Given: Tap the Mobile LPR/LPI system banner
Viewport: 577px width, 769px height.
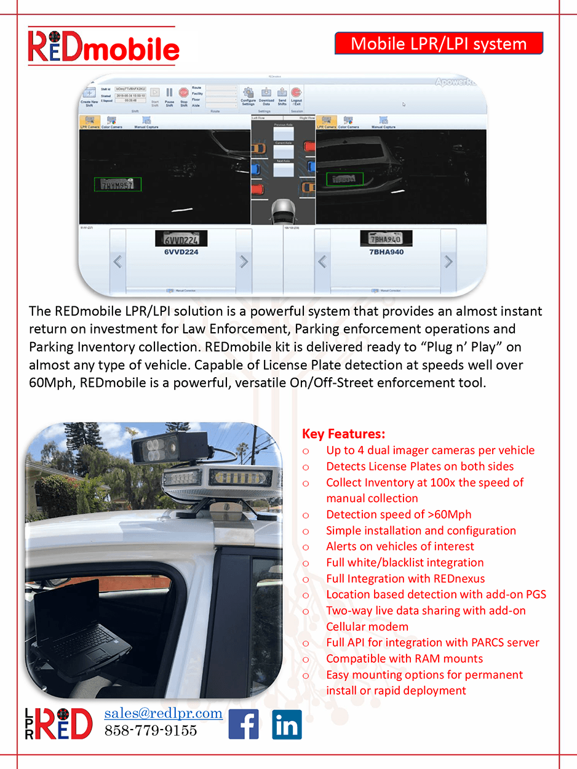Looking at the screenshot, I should click(439, 44).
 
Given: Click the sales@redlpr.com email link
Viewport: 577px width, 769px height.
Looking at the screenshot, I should click(163, 713).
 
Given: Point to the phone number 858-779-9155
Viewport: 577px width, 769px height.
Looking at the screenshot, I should click(151, 730).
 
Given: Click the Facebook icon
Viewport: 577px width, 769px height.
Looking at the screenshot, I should click(244, 724).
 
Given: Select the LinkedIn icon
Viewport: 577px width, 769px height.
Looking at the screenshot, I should click(287, 724).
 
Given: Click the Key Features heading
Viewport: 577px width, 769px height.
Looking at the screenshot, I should click(344, 434).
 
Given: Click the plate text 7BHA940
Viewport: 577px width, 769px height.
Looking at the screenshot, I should click(386, 252).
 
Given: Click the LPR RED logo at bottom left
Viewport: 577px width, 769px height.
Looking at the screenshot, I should click(59, 723).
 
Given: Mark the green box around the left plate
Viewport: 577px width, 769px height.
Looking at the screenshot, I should click(117, 184).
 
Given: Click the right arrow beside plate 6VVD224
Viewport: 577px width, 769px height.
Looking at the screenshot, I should click(244, 261).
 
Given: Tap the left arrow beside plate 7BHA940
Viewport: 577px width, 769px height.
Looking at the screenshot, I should click(322, 261).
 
